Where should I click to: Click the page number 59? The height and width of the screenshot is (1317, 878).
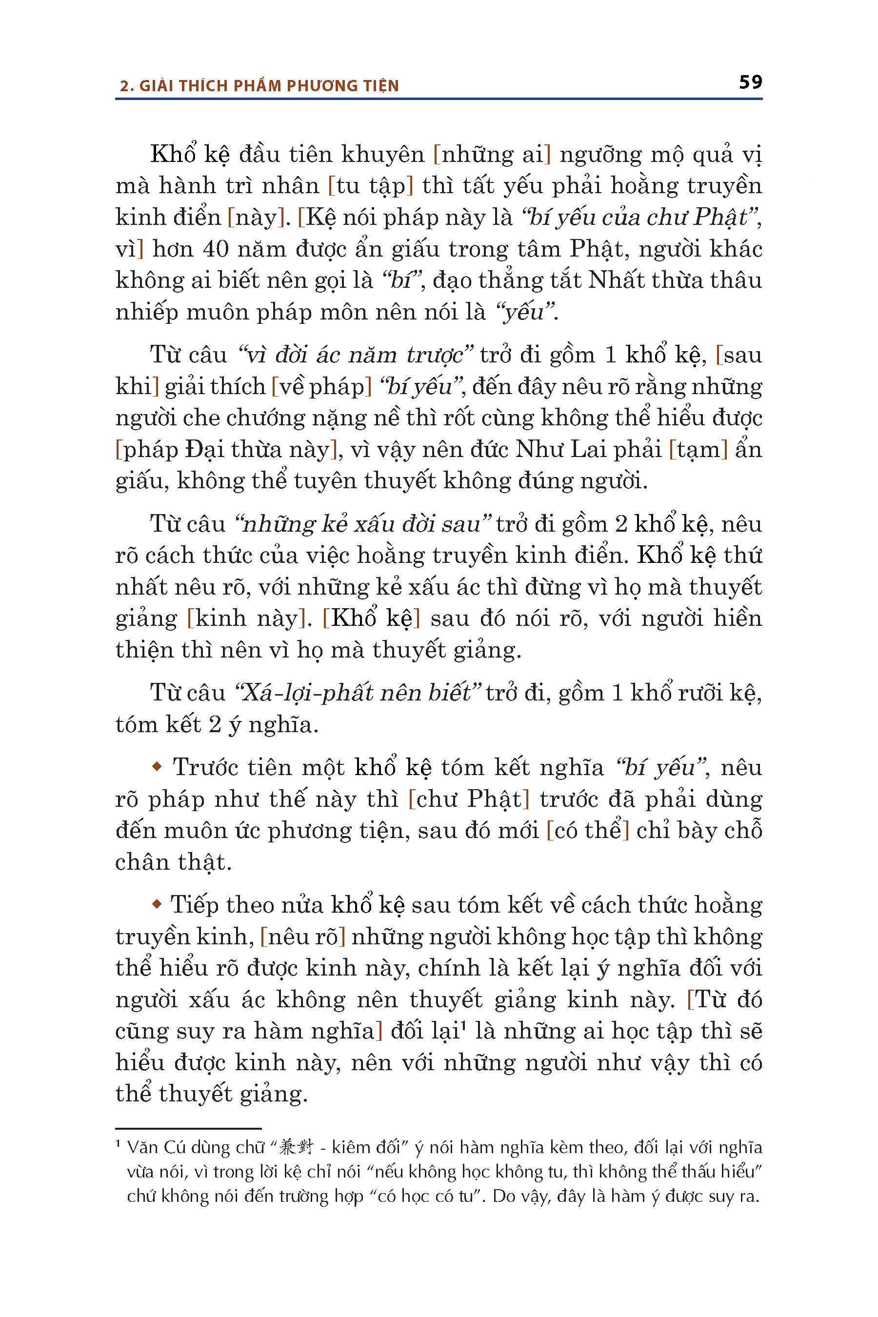coord(750,82)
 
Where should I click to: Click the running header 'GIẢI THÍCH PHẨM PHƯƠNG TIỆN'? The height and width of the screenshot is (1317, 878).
coord(269,86)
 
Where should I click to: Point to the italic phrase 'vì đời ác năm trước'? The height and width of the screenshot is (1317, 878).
coord(356,355)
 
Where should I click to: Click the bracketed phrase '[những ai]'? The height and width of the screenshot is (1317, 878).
coord(492,155)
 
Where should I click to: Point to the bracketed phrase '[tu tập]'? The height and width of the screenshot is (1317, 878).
coord(370,186)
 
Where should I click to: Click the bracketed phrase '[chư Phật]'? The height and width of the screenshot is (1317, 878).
coord(469,799)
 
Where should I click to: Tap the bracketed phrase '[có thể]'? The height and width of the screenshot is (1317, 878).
coord(587,830)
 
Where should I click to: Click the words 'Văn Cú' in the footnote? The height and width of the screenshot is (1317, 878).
coord(148,1147)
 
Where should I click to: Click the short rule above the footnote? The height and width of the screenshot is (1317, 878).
coord(188,1128)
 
